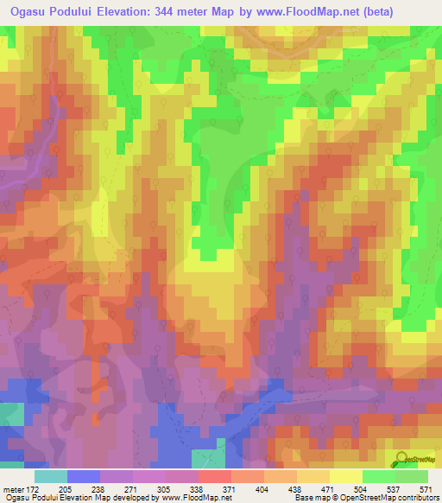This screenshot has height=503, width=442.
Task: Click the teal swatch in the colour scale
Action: pyautogui.click(x=51, y=476)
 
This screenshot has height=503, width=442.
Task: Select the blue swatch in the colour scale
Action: pyautogui.click(x=84, y=476)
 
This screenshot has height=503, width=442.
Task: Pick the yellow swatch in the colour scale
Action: pyautogui.click(x=346, y=476)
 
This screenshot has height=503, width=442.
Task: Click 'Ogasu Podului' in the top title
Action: pyautogui.click(x=54, y=12)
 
